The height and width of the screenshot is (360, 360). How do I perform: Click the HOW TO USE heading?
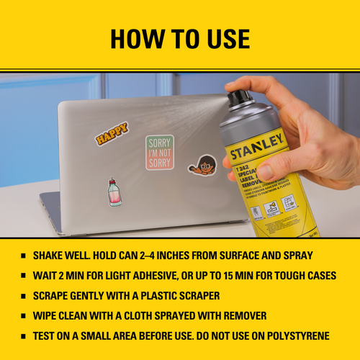tap(180, 37)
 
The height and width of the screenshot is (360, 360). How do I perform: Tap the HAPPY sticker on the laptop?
tap(112, 133)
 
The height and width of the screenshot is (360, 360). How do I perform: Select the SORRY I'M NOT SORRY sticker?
tap(160, 152)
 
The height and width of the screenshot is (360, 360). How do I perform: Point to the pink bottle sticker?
tap(112, 192)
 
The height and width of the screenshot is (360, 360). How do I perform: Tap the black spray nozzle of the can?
tap(240, 96)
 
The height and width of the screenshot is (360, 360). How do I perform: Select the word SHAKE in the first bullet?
tap(50, 256)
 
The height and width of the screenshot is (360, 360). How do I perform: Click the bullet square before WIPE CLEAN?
tap(24, 315)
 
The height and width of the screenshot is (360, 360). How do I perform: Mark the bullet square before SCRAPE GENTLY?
tap(24, 296)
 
